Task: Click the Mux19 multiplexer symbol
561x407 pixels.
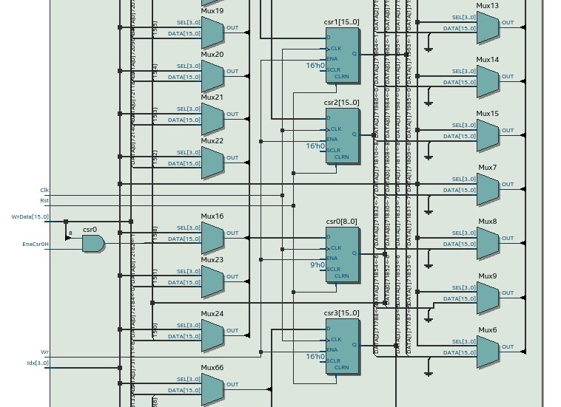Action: click(x=212, y=30)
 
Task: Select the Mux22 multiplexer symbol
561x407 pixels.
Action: click(x=212, y=159)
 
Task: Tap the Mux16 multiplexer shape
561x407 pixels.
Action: click(x=212, y=235)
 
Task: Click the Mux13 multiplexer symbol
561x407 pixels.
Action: click(x=488, y=24)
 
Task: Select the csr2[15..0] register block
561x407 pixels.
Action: click(x=342, y=135)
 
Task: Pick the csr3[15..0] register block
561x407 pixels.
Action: click(x=343, y=345)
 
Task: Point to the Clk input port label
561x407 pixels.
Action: click(x=44, y=191)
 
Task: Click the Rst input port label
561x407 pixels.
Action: click(x=44, y=200)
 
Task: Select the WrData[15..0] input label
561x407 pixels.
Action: click(x=30, y=217)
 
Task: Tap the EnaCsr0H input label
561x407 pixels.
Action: click(x=36, y=243)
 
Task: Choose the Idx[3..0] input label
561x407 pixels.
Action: click(x=38, y=363)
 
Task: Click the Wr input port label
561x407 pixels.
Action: click(x=45, y=352)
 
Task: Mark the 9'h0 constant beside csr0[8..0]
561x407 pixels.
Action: click(x=317, y=264)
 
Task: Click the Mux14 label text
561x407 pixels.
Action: click(x=487, y=59)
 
